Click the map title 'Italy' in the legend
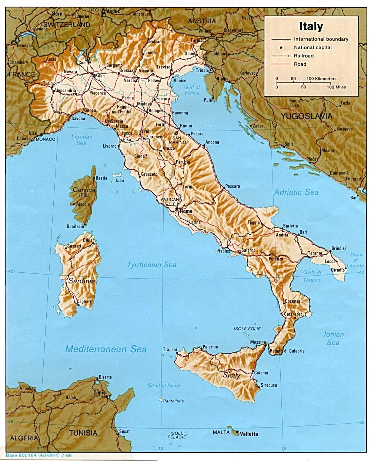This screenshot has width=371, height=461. (311, 27)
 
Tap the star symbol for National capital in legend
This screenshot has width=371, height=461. (281, 47)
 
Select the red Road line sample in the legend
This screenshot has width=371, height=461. (281, 64)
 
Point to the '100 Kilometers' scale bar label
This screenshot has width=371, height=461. (321, 79)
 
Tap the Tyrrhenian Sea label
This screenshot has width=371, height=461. (152, 265)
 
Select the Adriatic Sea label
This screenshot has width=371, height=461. (296, 192)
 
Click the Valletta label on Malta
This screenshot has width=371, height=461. (248, 434)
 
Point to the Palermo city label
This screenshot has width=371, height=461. (210, 347)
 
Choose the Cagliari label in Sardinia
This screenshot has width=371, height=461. (84, 302)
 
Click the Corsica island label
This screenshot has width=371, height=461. (84, 190)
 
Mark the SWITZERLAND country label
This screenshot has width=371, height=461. (66, 24)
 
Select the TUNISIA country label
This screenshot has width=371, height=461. (83, 433)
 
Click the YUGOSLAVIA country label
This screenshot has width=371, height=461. (306, 116)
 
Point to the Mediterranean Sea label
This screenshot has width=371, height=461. (106, 349)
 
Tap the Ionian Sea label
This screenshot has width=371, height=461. (334, 338)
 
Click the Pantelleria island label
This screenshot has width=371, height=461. (174, 401)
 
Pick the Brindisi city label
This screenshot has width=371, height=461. (338, 248)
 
